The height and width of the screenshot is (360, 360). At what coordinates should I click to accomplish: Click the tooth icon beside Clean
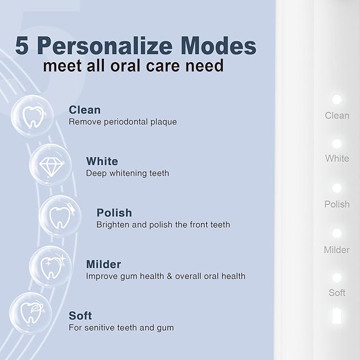[32, 115]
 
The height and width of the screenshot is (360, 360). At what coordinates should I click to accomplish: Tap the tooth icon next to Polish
[60, 216]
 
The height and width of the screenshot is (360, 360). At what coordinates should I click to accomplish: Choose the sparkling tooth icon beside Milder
[50, 267]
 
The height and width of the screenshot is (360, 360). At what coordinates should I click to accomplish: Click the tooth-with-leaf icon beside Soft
[31, 313]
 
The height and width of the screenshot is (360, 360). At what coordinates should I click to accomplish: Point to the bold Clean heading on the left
[85, 110]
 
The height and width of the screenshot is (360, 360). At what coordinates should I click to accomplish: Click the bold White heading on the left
[102, 161]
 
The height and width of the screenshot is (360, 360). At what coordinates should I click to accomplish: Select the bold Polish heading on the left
[114, 213]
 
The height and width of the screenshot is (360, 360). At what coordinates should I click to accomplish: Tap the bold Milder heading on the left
[103, 264]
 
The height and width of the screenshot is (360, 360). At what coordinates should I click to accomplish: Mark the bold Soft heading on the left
[80, 315]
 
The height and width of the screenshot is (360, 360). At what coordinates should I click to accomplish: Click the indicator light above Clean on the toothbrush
[336, 99]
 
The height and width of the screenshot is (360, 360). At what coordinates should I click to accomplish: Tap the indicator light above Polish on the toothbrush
[336, 188]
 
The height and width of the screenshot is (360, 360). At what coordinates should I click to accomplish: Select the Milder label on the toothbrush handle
[337, 250]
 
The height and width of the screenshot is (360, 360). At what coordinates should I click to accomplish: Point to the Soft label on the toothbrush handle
[337, 293]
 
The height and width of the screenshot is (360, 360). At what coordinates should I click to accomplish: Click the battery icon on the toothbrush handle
[336, 316]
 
